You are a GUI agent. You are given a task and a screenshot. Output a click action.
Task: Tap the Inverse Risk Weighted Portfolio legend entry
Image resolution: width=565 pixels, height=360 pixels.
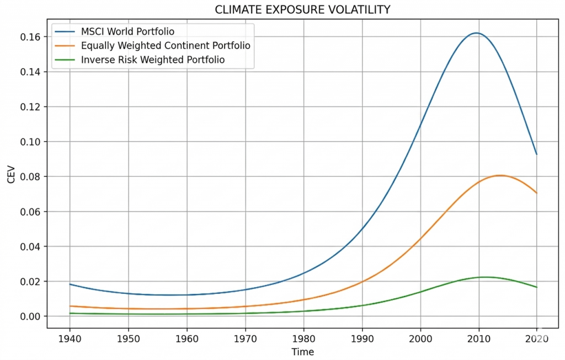(153, 60)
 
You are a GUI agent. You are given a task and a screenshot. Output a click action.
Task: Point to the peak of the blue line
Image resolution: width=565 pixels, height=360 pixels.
(476, 33)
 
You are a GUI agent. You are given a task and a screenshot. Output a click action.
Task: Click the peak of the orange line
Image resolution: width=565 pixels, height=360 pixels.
(500, 175)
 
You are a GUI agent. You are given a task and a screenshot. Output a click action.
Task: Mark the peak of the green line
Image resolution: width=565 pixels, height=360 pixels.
(485, 277)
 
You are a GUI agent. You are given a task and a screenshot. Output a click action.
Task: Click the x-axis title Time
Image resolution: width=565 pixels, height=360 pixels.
(303, 352)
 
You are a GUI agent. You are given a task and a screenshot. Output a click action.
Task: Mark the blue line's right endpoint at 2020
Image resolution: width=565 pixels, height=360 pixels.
(537, 154)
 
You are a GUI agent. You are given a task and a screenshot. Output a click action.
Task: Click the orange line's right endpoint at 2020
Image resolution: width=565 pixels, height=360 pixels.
(537, 193)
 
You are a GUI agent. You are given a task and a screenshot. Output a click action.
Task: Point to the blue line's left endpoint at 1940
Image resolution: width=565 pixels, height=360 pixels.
(70, 284)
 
